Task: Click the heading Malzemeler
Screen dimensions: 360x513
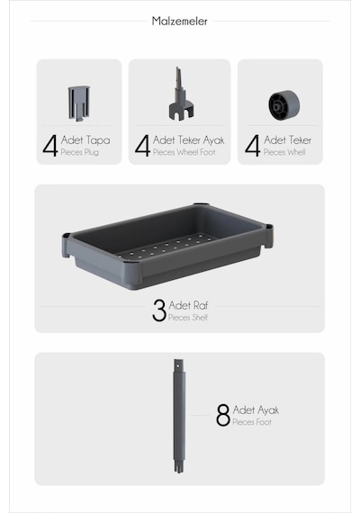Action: (x=179, y=22)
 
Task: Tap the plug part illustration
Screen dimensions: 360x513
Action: (x=78, y=103)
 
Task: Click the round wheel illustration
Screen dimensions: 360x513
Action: (x=284, y=105)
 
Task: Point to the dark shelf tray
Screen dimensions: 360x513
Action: (x=167, y=247)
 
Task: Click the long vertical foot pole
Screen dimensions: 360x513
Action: (x=179, y=416)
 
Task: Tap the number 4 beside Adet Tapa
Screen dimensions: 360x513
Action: (x=50, y=146)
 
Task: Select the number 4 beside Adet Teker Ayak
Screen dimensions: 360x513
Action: (x=142, y=146)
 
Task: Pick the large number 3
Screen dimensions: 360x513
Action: (x=159, y=310)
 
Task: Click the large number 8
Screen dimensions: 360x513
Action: (x=223, y=415)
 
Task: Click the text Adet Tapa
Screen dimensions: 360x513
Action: (x=85, y=140)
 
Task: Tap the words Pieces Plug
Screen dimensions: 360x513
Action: (x=80, y=152)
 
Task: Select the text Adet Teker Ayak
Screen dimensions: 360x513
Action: (x=188, y=140)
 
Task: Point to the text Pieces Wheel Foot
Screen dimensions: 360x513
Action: (x=184, y=152)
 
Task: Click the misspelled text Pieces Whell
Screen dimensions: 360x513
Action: (x=284, y=152)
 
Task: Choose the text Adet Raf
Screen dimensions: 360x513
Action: (x=188, y=305)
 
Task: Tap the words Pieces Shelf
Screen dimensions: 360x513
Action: (x=188, y=318)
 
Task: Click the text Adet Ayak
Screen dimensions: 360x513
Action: (x=256, y=409)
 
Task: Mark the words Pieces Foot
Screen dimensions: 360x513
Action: (x=252, y=422)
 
